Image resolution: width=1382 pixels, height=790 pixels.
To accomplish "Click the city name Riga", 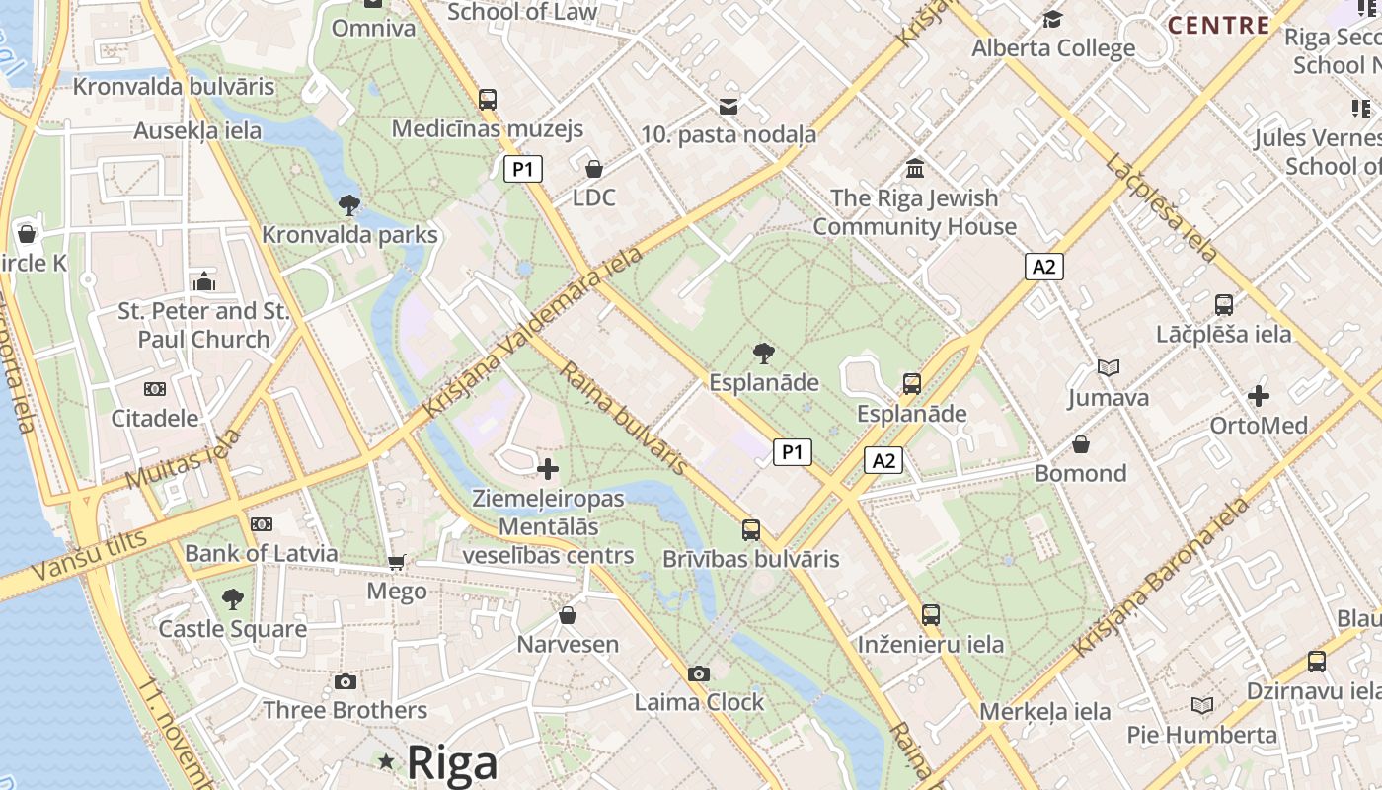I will pyautogui.click(x=452, y=762).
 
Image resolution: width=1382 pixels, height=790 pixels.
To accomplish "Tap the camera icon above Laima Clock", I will pyautogui.click(x=699, y=674).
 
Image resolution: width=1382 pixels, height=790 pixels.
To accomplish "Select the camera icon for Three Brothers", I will pyautogui.click(x=345, y=682).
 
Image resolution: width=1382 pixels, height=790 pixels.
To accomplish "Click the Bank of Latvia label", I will pyautogui.click(x=262, y=553).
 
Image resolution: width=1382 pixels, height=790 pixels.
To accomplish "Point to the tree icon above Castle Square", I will pyautogui.click(x=233, y=599).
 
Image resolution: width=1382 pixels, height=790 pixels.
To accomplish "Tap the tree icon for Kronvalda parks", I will pyautogui.click(x=348, y=205).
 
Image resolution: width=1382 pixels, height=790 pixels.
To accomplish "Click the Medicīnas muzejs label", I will pyautogui.click(x=488, y=129).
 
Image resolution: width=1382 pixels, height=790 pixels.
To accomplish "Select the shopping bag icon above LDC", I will pyautogui.click(x=593, y=169).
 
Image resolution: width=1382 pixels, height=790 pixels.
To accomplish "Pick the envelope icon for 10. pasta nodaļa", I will pyautogui.click(x=729, y=107).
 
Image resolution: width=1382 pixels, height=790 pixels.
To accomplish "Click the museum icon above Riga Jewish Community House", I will pyautogui.click(x=914, y=169).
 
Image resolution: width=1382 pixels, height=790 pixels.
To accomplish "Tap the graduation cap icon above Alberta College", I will pyautogui.click(x=1053, y=20).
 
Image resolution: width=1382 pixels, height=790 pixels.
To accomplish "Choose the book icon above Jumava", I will pyautogui.click(x=1109, y=368).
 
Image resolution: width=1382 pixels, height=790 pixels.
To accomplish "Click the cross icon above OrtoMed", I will pyautogui.click(x=1259, y=397).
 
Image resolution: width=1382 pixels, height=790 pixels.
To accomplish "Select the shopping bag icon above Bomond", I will pyautogui.click(x=1081, y=444).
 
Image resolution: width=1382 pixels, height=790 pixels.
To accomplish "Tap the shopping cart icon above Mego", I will pyautogui.click(x=397, y=563).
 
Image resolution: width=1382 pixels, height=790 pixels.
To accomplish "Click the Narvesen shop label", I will pyautogui.click(x=568, y=645).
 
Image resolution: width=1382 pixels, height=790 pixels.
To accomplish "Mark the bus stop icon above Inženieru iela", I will pyautogui.click(x=930, y=615).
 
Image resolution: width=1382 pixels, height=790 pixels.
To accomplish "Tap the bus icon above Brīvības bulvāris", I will pyautogui.click(x=751, y=530).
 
